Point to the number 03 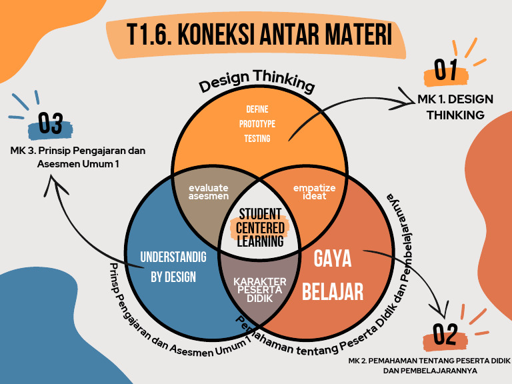pyautogui.click(x=51, y=123)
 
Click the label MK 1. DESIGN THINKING pyautogui.click(x=455, y=107)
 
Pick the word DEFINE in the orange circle pyautogui.click(x=257, y=109)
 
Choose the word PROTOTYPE pyautogui.click(x=257, y=124)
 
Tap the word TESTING pyautogui.click(x=257, y=139)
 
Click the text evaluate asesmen pyautogui.click(x=208, y=191)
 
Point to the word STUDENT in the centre pyautogui.click(x=261, y=215)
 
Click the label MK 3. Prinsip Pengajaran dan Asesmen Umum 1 pyautogui.click(x=78, y=157)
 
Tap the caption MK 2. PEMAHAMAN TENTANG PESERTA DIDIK pyautogui.click(x=425, y=361)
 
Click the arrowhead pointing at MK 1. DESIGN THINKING pyautogui.click(x=409, y=101)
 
